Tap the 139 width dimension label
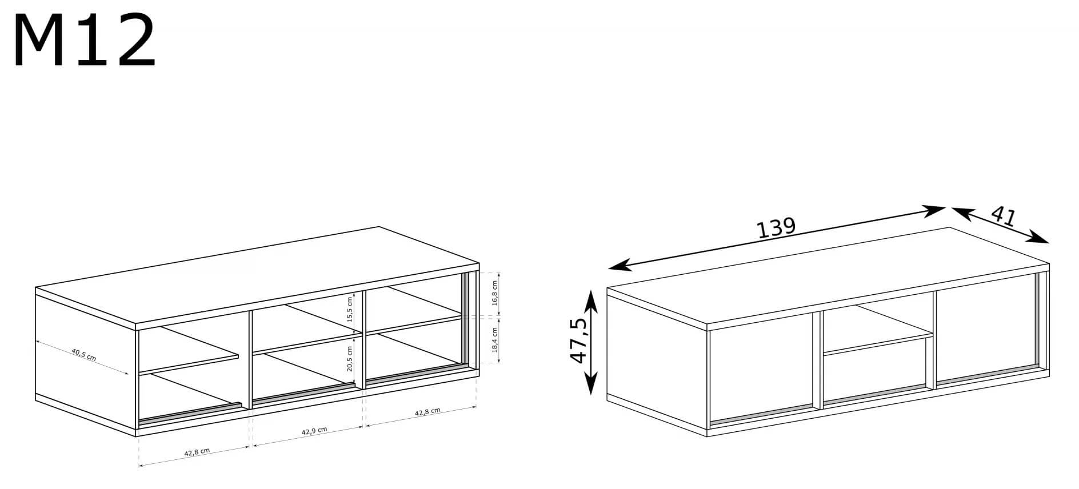(x=776, y=227)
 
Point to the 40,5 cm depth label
(x=83, y=355)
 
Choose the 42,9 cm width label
(x=314, y=431)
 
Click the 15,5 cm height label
(x=350, y=309)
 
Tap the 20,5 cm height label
(x=350, y=359)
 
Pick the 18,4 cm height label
(x=495, y=340)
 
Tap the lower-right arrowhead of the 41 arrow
(x=1040, y=238)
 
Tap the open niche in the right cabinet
(x=878, y=328)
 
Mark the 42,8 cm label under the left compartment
(x=197, y=452)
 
